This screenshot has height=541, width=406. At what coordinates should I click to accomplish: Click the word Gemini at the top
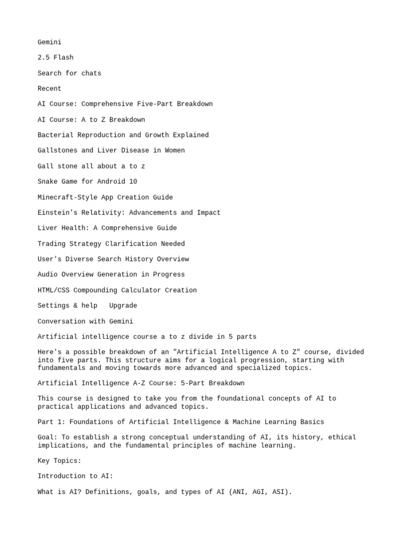49,42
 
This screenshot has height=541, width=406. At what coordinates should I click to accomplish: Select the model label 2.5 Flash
56,58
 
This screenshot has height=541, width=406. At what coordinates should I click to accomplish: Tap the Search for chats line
69,73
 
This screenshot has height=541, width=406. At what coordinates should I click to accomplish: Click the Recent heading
49,89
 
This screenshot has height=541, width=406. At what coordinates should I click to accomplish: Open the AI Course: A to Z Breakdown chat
91,120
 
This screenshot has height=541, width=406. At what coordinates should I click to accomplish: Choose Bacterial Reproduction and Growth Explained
123,135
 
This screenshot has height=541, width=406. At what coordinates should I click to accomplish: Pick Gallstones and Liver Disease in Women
111,151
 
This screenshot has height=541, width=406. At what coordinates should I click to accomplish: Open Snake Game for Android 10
87,182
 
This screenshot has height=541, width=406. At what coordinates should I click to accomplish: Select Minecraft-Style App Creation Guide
105,197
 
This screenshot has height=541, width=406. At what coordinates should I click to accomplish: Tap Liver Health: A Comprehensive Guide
107,228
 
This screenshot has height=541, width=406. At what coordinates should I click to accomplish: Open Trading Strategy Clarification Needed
111,244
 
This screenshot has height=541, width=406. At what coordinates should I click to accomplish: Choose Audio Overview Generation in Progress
111,275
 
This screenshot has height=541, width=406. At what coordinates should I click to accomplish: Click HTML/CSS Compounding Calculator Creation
117,290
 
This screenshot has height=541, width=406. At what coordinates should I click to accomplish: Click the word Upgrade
123,306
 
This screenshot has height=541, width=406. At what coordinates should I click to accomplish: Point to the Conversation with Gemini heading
85,321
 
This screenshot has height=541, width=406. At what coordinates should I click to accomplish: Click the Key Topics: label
59,461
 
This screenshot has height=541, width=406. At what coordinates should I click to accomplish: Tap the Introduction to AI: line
75,476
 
